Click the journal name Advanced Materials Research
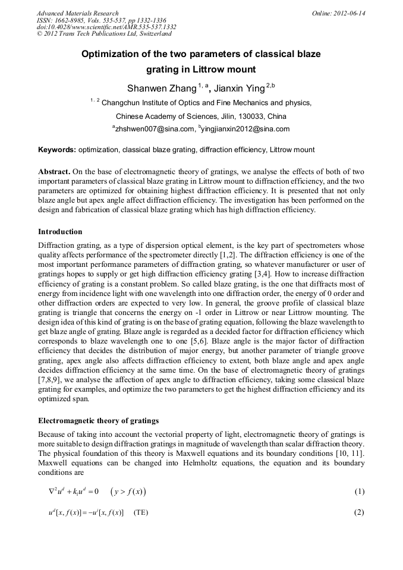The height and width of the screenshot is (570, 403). pyautogui.click(x=77, y=13)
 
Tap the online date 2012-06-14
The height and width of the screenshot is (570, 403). pyautogui.click(x=349, y=13)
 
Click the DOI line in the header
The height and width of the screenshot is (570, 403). pyautogui.click(x=106, y=27)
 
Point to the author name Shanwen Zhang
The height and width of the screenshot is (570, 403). pyautogui.click(x=161, y=89)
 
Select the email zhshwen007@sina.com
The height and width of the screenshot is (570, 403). pyautogui.click(x=155, y=129)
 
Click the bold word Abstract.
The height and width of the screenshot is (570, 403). pyautogui.click(x=54, y=171)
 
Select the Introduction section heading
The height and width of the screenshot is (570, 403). pyautogui.click(x=60, y=231)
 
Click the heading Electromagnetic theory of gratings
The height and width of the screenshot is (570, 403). pyautogui.click(x=98, y=420)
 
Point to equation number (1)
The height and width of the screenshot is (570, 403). pyautogui.click(x=358, y=492)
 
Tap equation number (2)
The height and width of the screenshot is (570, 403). pyautogui.click(x=358, y=512)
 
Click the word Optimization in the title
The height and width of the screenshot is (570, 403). pyautogui.click(x=111, y=54)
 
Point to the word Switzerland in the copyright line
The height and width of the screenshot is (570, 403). pyautogui.click(x=153, y=34)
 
